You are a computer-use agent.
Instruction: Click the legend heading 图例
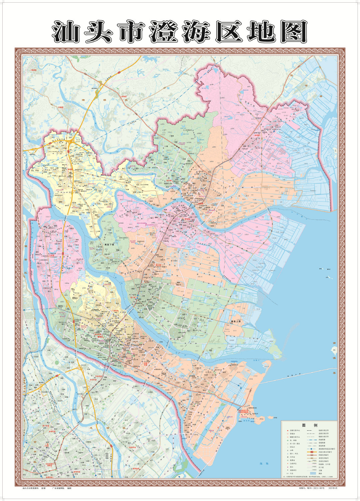[309, 426]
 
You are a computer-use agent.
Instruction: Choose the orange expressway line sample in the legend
[312, 452]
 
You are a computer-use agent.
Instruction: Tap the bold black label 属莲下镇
[109, 244]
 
